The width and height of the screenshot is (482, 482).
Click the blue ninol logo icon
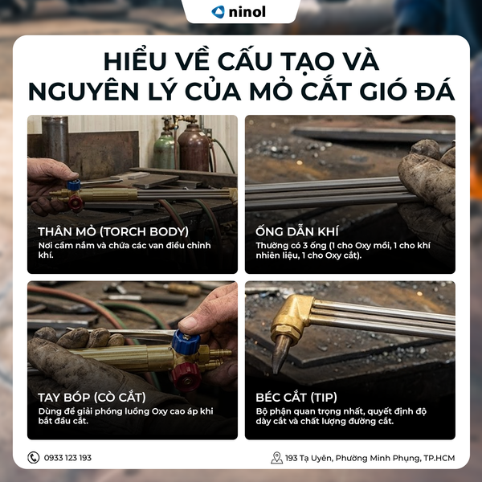coord(218,12)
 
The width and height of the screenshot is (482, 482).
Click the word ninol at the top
coord(247,12)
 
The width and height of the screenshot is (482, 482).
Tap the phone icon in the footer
coord(33,457)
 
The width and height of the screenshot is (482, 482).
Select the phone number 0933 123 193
coord(67,458)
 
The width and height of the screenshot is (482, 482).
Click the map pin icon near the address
coord(276,458)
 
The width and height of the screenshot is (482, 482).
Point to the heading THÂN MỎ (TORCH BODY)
coord(113,231)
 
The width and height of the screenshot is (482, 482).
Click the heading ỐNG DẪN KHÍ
coord(297,231)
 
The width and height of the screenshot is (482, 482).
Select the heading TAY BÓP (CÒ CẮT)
coord(92,397)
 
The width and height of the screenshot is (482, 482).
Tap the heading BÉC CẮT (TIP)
coord(296,397)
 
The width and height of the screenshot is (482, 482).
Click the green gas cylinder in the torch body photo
coord(165,151)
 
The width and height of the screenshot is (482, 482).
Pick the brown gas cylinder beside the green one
coord(194,147)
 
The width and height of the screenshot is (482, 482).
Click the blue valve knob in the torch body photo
coord(74,185)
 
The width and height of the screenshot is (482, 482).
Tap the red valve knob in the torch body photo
coord(76,203)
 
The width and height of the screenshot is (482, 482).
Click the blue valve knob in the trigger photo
coord(186,341)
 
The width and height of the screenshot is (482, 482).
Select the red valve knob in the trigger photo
coord(186,377)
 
